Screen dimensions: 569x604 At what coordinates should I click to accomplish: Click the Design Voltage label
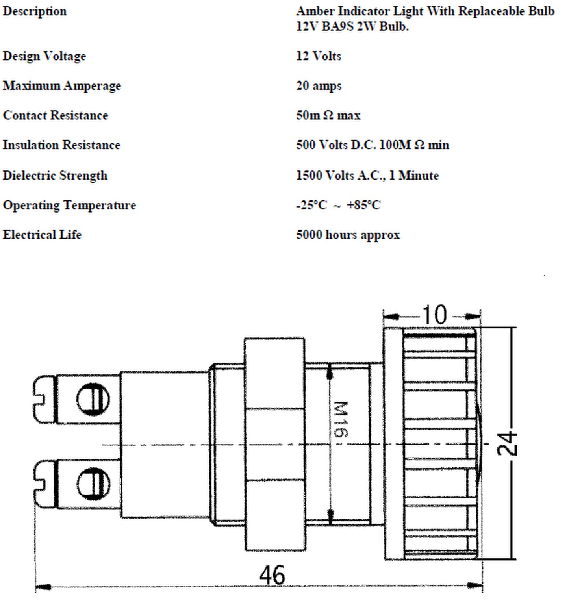(x=44, y=56)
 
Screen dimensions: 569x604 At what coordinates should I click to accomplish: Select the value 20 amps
(x=319, y=86)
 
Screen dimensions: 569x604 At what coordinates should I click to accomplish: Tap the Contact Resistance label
(x=55, y=115)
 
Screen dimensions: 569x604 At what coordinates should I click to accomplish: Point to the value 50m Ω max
(x=328, y=115)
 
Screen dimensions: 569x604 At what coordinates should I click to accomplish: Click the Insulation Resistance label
(x=61, y=145)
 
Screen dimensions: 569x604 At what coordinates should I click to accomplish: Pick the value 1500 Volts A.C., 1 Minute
(x=367, y=175)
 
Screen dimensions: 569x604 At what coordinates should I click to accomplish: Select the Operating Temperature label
(x=69, y=206)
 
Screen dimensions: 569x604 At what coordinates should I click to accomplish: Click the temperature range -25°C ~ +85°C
(x=338, y=205)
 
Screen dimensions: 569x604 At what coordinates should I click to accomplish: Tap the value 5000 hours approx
(x=348, y=235)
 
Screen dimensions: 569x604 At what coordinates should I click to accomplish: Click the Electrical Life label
(x=42, y=235)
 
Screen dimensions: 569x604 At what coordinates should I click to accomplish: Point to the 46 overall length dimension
(x=272, y=575)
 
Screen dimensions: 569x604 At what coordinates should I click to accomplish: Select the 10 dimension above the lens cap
(x=435, y=315)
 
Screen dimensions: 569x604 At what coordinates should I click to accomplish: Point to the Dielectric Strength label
(x=55, y=176)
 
